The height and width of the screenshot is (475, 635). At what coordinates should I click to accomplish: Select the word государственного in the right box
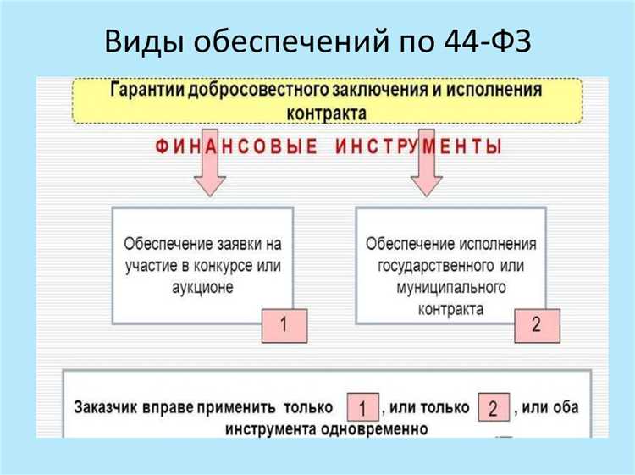432,265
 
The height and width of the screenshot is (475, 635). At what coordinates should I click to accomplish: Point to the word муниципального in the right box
450,287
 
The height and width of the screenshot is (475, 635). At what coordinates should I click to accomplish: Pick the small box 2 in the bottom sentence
494,408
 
